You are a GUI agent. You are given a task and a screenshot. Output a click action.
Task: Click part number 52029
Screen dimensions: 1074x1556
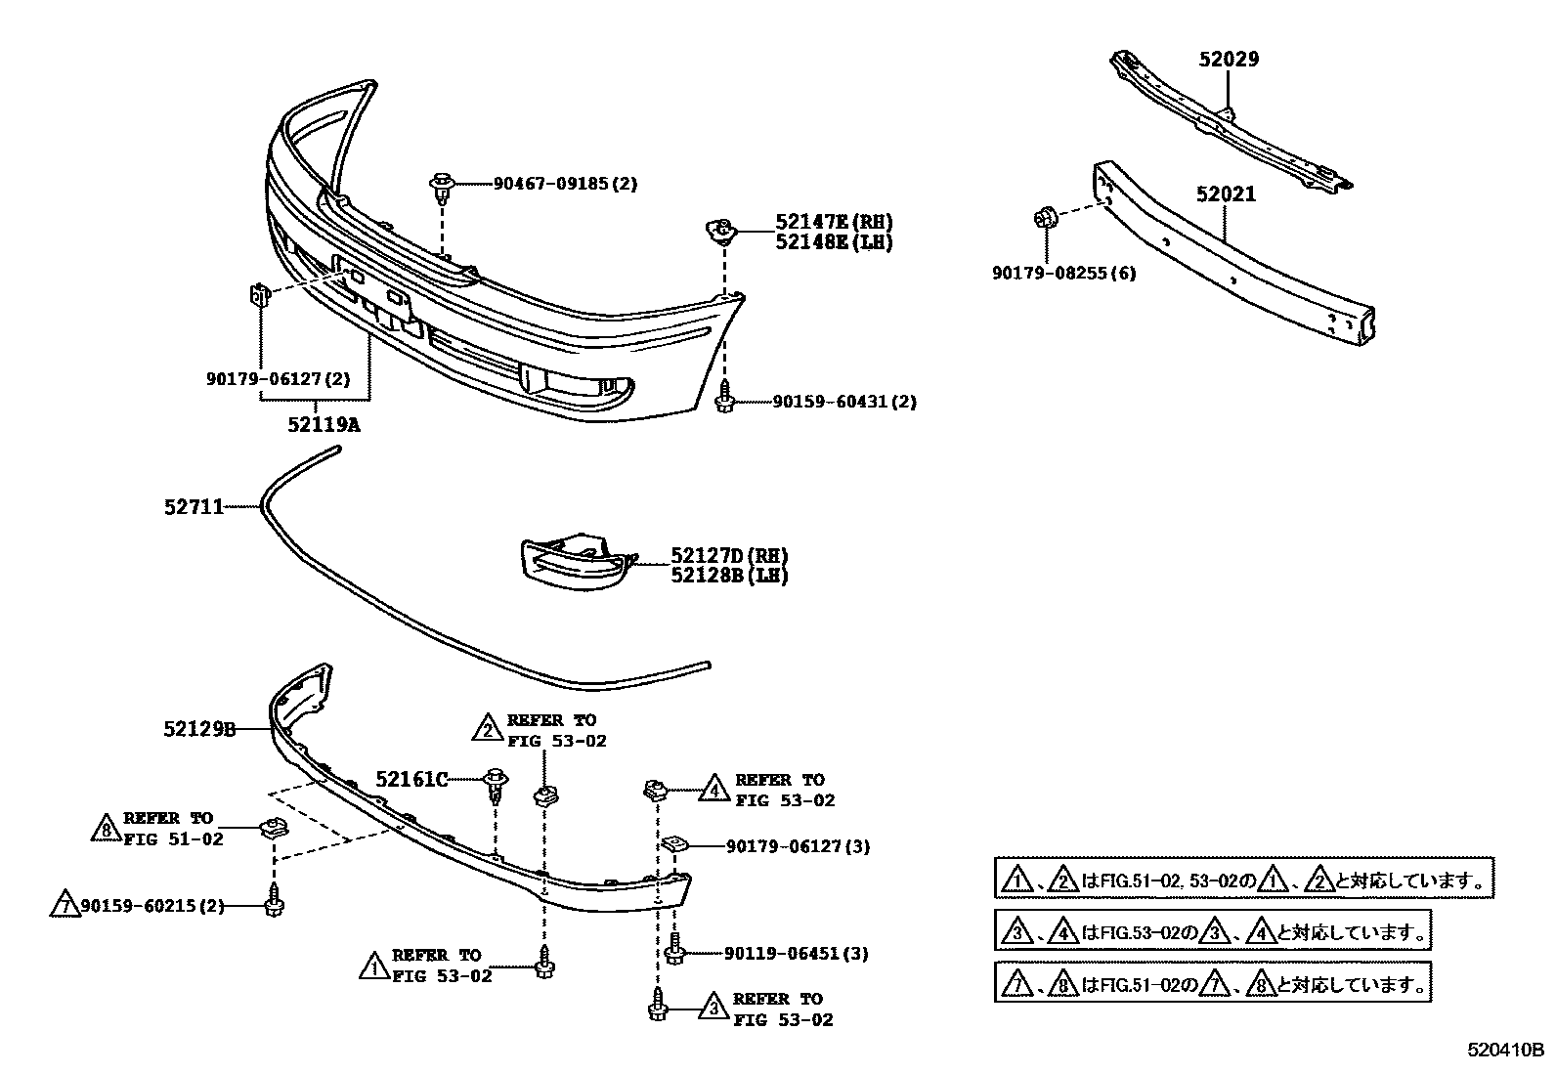point(1229,60)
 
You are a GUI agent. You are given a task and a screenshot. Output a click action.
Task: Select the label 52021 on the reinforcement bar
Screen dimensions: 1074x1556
point(1226,194)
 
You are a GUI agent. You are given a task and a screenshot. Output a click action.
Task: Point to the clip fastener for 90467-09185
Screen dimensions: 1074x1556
point(442,186)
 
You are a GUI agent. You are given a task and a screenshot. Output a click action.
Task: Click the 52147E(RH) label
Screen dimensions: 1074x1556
point(834,223)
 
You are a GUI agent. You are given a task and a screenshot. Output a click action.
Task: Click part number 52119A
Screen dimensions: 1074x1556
point(324,425)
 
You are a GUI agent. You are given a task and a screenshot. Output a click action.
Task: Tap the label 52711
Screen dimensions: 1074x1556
point(194,506)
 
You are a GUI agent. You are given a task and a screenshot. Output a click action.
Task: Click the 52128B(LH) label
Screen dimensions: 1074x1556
point(728,575)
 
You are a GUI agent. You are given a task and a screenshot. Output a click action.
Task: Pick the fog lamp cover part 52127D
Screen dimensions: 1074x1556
point(572,563)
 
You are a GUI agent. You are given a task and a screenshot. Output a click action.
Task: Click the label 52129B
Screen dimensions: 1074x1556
point(199,728)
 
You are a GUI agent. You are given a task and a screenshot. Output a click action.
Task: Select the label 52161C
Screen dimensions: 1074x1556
point(411,779)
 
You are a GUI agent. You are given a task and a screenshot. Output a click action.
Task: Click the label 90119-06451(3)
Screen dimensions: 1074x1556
point(797,953)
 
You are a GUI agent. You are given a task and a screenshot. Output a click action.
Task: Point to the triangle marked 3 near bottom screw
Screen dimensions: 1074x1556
point(713,1009)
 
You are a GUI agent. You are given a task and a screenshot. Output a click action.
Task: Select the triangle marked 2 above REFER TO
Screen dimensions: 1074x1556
point(487,728)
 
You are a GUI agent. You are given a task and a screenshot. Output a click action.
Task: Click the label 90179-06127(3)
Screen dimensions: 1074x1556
point(798,846)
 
